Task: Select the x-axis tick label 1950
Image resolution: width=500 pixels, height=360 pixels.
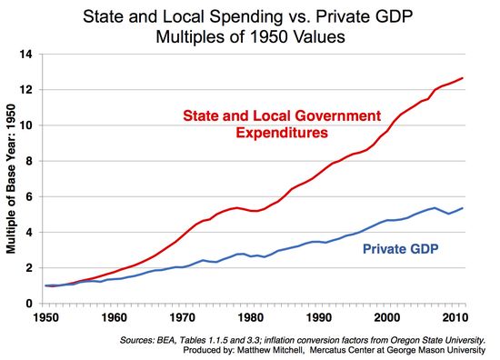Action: coord(45,317)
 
